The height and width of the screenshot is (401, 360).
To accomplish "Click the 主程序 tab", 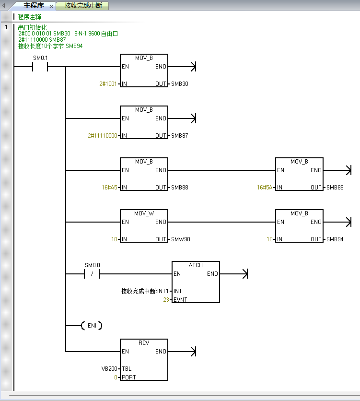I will (33, 6).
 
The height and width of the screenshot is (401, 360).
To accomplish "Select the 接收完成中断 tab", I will (82, 6).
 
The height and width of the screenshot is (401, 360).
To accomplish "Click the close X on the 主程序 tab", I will (51, 6).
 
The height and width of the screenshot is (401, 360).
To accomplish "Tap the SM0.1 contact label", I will (40, 58).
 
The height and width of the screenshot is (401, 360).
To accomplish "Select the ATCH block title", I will (196, 265).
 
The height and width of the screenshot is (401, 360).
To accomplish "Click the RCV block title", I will (144, 343).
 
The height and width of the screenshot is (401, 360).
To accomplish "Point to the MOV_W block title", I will (144, 213).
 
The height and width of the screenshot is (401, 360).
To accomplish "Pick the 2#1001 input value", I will (108, 84).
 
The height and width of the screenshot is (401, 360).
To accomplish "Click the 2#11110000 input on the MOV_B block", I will (102, 136).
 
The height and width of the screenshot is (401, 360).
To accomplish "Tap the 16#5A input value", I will (265, 188).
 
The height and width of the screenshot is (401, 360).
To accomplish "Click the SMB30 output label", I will (180, 84).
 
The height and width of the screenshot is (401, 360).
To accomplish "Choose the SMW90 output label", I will (181, 239).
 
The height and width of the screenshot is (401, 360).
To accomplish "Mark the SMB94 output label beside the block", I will (335, 239).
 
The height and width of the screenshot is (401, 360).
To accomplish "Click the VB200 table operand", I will (109, 369).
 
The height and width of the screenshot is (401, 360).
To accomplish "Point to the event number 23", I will (165, 300).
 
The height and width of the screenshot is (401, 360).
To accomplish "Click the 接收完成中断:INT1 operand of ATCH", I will (145, 291).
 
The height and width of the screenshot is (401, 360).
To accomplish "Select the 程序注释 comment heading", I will (30, 17).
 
